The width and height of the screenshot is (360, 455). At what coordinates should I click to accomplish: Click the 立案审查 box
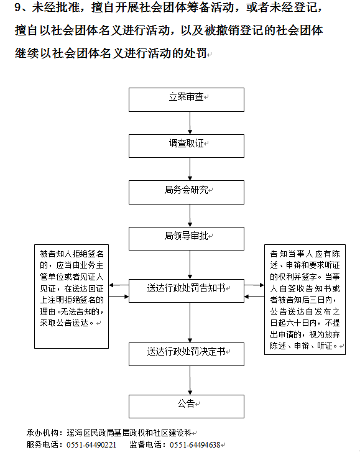187,100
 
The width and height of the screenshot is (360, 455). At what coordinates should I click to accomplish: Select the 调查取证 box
187,146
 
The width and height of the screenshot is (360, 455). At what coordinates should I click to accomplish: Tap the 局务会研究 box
187,193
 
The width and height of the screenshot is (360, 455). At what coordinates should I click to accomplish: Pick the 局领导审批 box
187,239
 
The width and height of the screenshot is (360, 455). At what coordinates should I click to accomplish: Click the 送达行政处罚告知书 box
187,291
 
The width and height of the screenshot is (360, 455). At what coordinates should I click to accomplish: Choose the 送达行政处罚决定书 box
187,354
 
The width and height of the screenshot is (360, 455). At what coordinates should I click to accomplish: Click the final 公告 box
187,407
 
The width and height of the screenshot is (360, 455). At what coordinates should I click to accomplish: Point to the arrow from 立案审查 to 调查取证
190,123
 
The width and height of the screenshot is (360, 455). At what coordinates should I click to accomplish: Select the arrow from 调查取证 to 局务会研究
190,169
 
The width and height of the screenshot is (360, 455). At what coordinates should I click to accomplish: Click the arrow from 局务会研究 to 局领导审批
190,216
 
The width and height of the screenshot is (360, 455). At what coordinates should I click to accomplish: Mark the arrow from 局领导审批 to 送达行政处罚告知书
190,265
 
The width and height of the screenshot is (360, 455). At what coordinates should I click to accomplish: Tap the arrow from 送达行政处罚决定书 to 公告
190,380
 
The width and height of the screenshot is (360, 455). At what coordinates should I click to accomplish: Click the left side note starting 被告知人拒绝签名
72,296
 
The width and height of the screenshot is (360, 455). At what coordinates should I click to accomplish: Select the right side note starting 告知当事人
305,300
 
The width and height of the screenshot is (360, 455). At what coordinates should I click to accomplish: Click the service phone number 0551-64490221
91,445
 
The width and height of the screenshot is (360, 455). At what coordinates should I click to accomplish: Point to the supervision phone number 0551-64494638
195,445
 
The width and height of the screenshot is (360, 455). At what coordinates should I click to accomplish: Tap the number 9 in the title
17,7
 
